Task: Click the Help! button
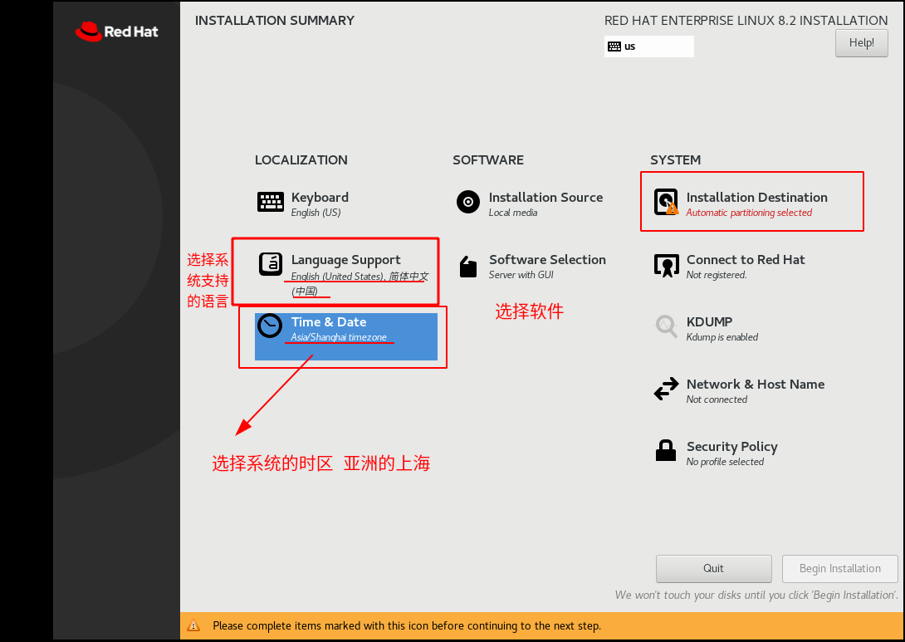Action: [x=861, y=42]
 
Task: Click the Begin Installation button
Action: [x=839, y=569]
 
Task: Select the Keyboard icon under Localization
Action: [x=270, y=202]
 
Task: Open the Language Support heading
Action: [x=345, y=260]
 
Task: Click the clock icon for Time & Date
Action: [x=270, y=326]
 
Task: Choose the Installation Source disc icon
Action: [x=468, y=202]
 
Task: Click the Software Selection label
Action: [x=547, y=260]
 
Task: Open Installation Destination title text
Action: [x=756, y=198]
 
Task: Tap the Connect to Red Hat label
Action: [x=745, y=260]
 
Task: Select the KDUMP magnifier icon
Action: [x=666, y=326]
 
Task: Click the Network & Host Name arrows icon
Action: [x=666, y=389]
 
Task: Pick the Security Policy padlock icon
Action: [x=666, y=450]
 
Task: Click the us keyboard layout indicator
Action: [x=648, y=47]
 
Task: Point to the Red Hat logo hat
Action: [x=88, y=32]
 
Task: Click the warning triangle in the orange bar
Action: [x=193, y=625]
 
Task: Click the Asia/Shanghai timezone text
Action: [x=339, y=337]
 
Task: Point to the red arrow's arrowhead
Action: [x=242, y=427]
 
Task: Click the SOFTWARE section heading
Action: [x=487, y=160]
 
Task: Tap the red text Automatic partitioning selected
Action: [x=749, y=213]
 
